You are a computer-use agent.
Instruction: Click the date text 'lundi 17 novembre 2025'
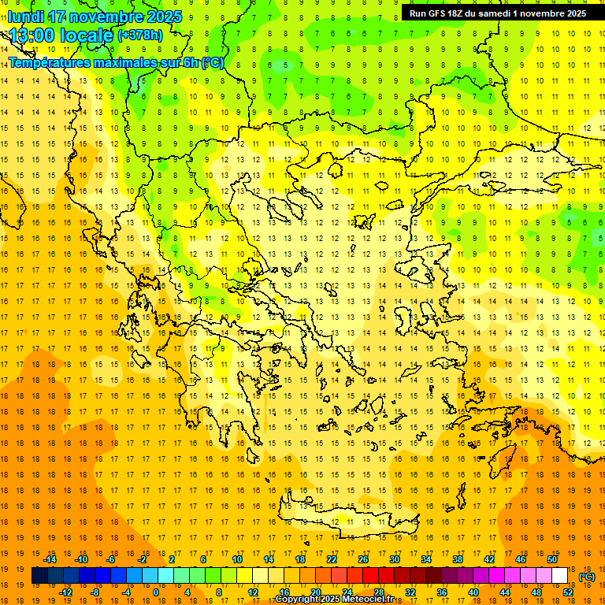point(95,17)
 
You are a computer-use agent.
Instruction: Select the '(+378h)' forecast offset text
point(139,35)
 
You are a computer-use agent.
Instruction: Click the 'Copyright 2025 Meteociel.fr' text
point(334,599)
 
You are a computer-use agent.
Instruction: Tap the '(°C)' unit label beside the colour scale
point(586,576)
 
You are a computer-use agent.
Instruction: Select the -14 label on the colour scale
point(52,559)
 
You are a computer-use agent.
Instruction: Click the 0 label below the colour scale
point(156,592)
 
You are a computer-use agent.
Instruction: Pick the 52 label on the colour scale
point(568,592)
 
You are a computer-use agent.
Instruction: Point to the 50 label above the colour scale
point(552,559)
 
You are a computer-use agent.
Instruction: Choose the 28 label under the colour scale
point(378,592)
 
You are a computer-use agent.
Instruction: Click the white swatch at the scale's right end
point(560,576)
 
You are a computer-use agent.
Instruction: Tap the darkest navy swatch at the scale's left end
point(39,576)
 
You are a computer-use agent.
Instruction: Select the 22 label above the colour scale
point(332,559)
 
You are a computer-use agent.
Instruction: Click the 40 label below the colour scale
point(473,592)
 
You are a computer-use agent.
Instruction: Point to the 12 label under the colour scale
point(253,592)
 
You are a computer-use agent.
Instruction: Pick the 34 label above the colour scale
point(426,559)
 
